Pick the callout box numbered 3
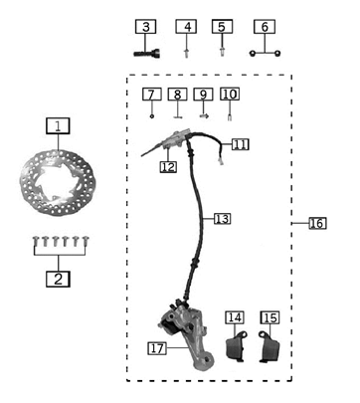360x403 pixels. pyautogui.click(x=146, y=26)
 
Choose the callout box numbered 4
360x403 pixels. pyautogui.click(x=187, y=26)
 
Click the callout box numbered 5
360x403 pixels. pyautogui.click(x=223, y=26)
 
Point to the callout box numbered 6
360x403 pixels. pyautogui.click(x=264, y=26)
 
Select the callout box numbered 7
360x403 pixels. pyautogui.click(x=151, y=95)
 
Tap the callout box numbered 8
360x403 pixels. pyautogui.click(x=176, y=95)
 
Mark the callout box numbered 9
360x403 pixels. pyautogui.click(x=203, y=95)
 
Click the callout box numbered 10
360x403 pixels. pyautogui.click(x=230, y=95)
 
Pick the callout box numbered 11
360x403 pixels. pyautogui.click(x=240, y=144)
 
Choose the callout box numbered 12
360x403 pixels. pyautogui.click(x=168, y=167)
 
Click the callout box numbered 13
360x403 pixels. pyautogui.click(x=222, y=218)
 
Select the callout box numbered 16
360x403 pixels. pyautogui.click(x=317, y=223)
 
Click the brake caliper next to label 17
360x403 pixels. pyautogui.click(x=190, y=338)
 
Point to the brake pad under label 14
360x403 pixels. pyautogui.click(x=237, y=347)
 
